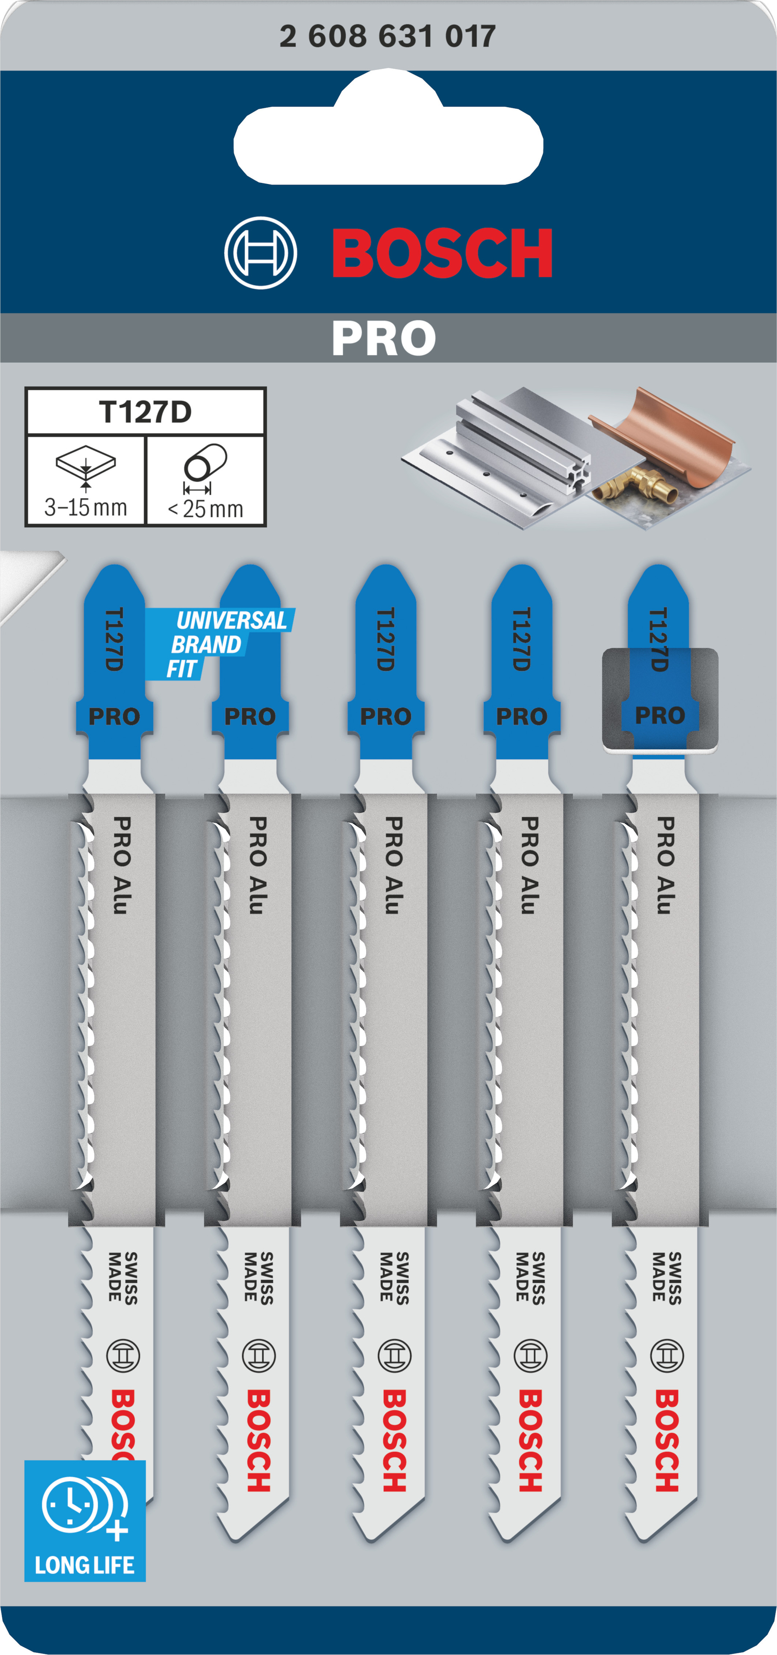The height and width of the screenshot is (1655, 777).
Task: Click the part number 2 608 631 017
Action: [x=387, y=36]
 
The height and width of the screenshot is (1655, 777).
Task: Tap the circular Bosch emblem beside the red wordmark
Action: [x=261, y=252]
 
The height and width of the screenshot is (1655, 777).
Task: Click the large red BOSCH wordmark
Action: [x=442, y=252]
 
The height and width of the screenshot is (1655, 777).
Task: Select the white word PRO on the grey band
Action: [x=384, y=338]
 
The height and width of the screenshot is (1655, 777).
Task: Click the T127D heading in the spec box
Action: [x=146, y=412]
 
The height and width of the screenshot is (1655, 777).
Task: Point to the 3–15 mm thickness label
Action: [x=85, y=507]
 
